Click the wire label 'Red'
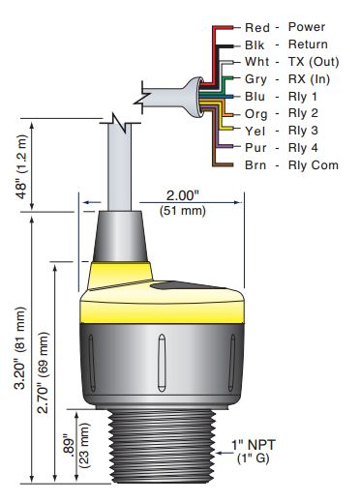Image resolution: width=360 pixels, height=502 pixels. pyautogui.click(x=257, y=28)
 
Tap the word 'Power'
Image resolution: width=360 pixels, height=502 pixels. pyautogui.click(x=307, y=27)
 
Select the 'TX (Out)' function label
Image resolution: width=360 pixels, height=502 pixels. pyautogui.click(x=314, y=62)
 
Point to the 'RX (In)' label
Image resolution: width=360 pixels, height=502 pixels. pyautogui.click(x=309, y=79)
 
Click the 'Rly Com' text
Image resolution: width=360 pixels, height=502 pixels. pyautogui.click(x=314, y=165)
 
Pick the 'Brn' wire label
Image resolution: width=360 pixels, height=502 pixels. pyautogui.click(x=255, y=165)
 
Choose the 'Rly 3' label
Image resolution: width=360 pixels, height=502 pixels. pyautogui.click(x=303, y=131)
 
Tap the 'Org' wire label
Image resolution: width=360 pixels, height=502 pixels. pyautogui.click(x=256, y=114)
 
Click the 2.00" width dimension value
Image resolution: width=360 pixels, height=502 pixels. pyautogui.click(x=183, y=195)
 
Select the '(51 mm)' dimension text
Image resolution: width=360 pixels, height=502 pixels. pyautogui.click(x=183, y=211)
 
